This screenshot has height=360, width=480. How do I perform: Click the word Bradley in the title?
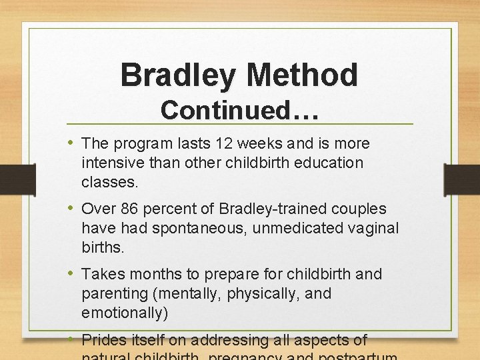[177, 75]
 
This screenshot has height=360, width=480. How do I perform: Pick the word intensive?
[108, 163]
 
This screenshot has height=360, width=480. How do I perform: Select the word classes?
[107, 182]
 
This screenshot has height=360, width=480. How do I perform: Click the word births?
[103, 247]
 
